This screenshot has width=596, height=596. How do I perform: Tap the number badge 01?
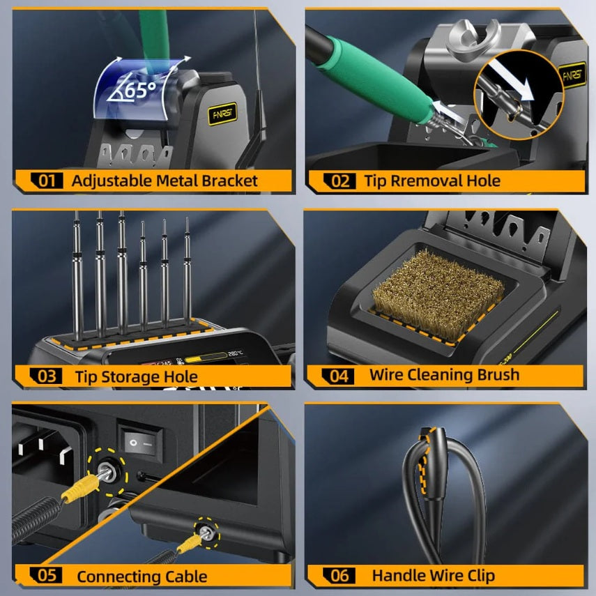46,181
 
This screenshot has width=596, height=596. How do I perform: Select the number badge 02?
339,181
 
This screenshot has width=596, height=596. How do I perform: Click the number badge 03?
46,377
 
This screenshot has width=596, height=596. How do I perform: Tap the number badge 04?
339,375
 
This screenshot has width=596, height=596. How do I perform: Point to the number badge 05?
46,576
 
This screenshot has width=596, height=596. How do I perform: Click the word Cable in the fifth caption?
185,576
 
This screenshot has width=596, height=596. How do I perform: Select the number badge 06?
339,575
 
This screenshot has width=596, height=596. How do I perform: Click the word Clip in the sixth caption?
480,575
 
